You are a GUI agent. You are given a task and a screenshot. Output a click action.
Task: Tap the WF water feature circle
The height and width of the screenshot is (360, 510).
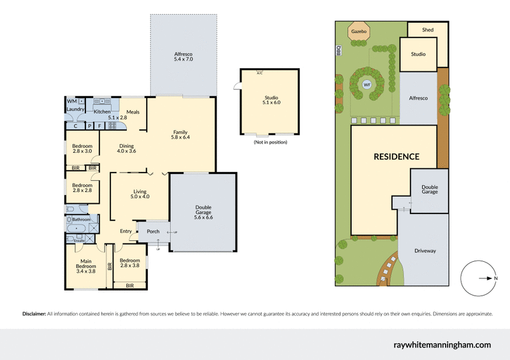tap(367, 84)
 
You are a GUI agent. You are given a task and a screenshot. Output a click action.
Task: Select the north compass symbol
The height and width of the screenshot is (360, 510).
tap(477, 278)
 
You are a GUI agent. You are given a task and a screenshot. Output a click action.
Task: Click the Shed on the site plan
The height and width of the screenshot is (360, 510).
tap(428, 29)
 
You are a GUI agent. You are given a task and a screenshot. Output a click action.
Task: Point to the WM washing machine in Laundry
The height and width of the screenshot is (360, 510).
tap(71, 101)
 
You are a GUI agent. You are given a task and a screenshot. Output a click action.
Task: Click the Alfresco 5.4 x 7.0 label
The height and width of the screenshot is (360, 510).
tap(183, 56)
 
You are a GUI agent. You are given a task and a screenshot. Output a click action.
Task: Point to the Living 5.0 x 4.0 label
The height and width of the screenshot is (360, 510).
tap(140, 194)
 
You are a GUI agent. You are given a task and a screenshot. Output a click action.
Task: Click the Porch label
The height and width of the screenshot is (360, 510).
tap(153, 231)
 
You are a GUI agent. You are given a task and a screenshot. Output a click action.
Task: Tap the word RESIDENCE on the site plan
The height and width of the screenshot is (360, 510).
tap(397, 156)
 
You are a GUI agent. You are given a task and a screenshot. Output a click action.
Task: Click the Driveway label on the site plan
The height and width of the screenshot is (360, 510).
tap(425, 251)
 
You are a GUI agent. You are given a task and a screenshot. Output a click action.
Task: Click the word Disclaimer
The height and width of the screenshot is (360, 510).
tap(34, 314)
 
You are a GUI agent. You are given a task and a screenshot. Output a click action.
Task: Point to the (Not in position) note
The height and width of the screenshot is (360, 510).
tap(270, 141)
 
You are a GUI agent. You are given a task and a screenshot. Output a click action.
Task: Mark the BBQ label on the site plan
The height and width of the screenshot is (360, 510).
tap(340, 50)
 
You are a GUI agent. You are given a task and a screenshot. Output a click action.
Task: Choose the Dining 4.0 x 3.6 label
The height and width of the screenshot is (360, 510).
tap(127, 148)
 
